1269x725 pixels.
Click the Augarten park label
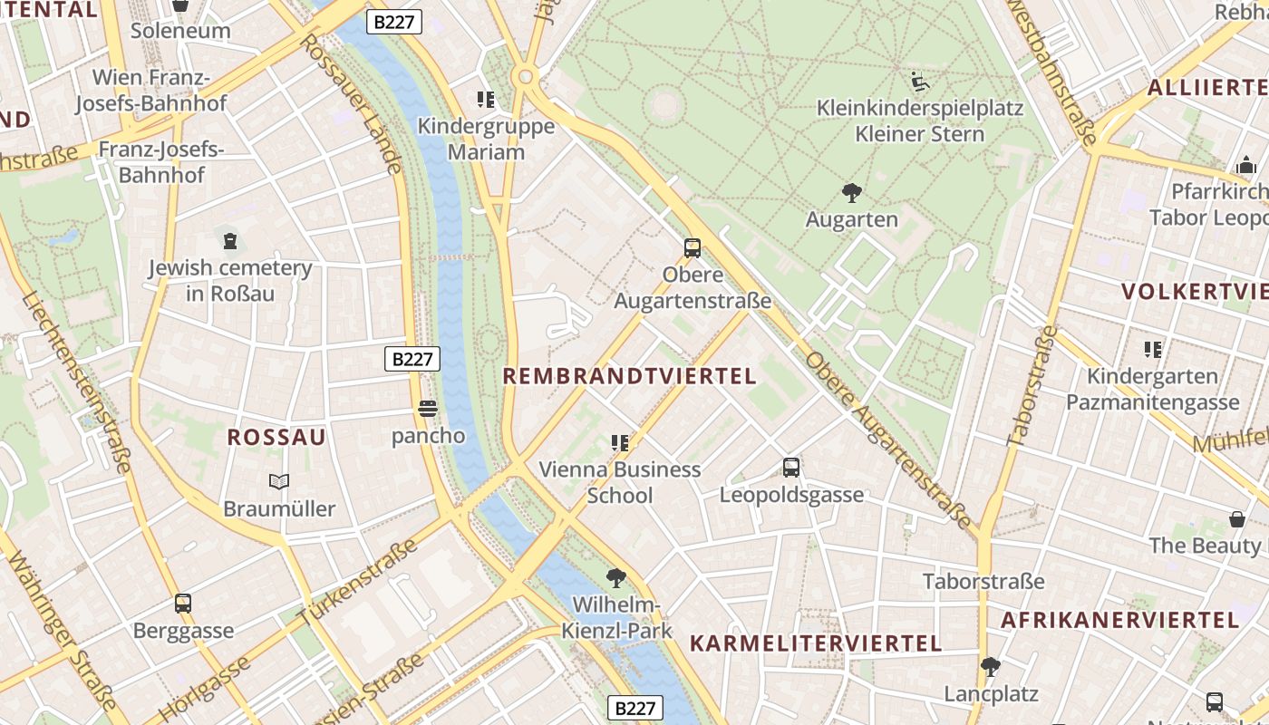(x=851, y=219)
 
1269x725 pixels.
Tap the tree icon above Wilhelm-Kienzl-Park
(x=616, y=577)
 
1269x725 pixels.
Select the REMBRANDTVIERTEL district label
(x=629, y=376)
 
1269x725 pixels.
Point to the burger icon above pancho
(x=428, y=409)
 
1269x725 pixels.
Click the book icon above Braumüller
(x=279, y=482)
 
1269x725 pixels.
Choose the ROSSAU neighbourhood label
(x=276, y=437)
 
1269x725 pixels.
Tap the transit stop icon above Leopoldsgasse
(x=791, y=468)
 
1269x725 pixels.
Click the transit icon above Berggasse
(x=183, y=604)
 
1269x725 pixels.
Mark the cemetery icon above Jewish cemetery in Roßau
(x=230, y=241)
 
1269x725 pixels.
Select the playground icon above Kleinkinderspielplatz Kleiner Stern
(x=919, y=82)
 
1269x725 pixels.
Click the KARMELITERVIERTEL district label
(x=816, y=643)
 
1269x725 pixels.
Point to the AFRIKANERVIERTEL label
(x=1119, y=620)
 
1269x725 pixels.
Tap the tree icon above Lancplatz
(x=991, y=667)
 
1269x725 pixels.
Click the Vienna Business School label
(x=620, y=482)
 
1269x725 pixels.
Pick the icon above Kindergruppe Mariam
(x=486, y=99)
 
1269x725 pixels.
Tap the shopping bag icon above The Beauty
(x=1236, y=519)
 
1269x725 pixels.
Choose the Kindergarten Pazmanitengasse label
(x=1152, y=389)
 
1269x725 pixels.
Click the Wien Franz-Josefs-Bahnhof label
(x=150, y=90)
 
